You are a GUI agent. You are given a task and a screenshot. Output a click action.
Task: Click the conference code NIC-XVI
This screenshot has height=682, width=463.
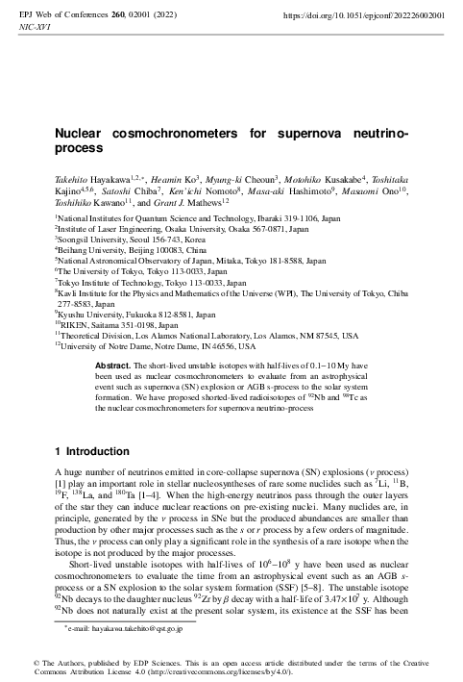pos(36,29)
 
